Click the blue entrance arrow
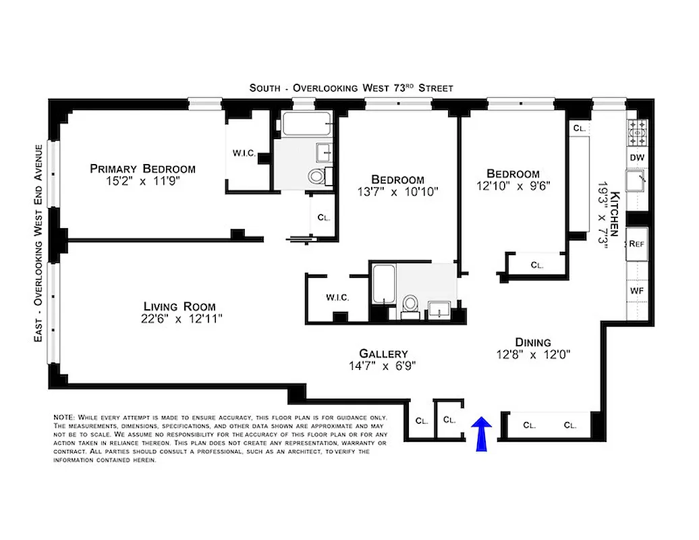481,433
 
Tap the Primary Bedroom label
142,169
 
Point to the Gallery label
383,354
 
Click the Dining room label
533,342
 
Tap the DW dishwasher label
637,157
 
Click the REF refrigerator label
637,244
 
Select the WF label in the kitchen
637,290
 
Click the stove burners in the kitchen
638,133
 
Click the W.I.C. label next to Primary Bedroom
244,153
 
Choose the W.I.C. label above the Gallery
337,297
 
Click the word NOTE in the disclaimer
65,418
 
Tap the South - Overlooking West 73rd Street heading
351,88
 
